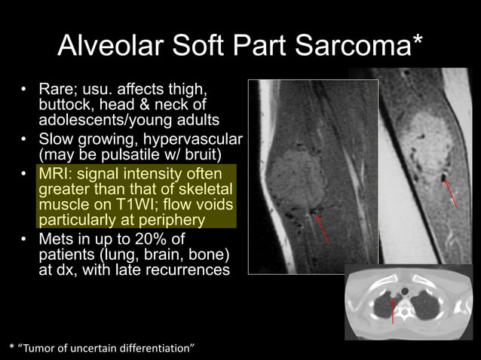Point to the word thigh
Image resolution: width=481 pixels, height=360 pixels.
[x=188, y=90]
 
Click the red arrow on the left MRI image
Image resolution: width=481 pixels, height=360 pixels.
[x=323, y=229]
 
